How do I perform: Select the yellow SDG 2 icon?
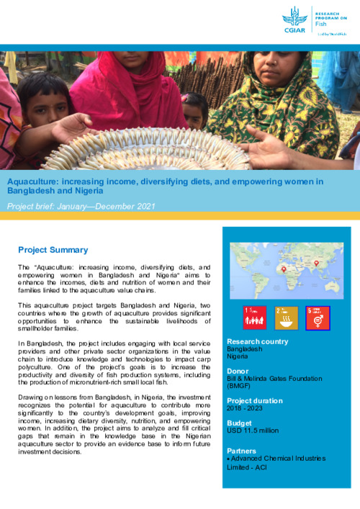[x=287, y=317]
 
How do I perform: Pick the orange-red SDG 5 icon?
[x=318, y=317]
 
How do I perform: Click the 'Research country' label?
[x=258, y=341]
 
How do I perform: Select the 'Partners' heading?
[x=243, y=451]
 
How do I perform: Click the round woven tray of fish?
[x=151, y=144]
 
